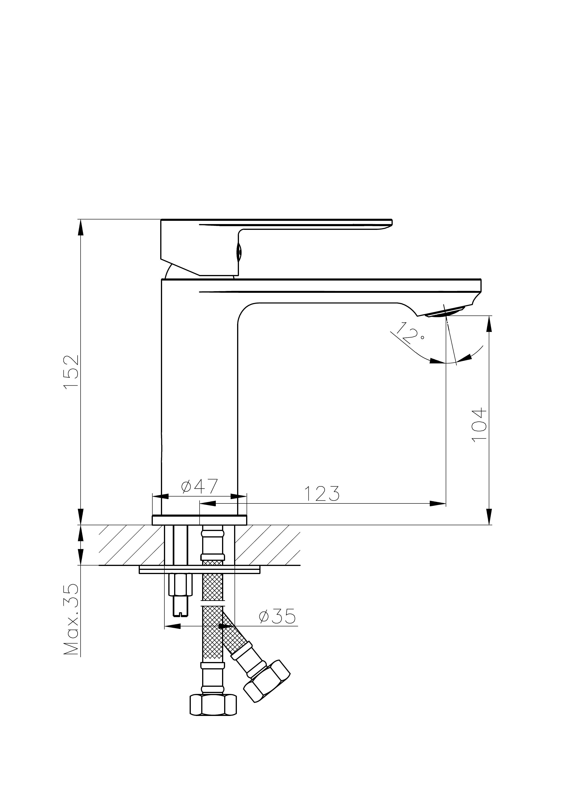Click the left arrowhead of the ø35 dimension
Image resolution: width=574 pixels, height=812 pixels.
pos(173,626)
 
